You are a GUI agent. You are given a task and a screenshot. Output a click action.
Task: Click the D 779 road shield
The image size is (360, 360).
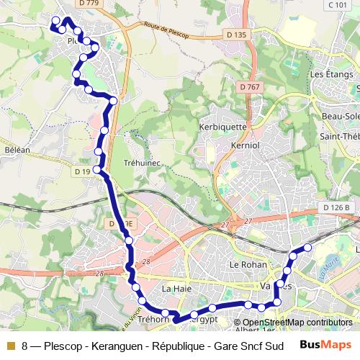pyautogui.click(x=89, y=4)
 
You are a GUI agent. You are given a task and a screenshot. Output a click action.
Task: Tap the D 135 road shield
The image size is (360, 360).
pyautogui.click(x=235, y=35)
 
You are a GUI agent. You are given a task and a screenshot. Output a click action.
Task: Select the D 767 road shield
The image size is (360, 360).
pyautogui.click(x=250, y=87)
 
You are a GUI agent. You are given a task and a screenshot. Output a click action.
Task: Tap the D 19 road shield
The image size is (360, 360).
pyautogui.click(x=81, y=171)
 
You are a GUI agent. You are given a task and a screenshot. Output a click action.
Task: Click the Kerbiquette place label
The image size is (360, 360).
pyautogui.click(x=222, y=127)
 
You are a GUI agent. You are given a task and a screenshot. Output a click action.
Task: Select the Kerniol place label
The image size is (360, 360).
pyautogui.click(x=246, y=145)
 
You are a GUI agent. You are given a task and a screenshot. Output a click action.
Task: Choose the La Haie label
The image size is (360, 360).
pyautogui.click(x=176, y=289)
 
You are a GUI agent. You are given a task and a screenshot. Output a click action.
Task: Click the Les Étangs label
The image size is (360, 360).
pyautogui.click(x=329, y=74)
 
